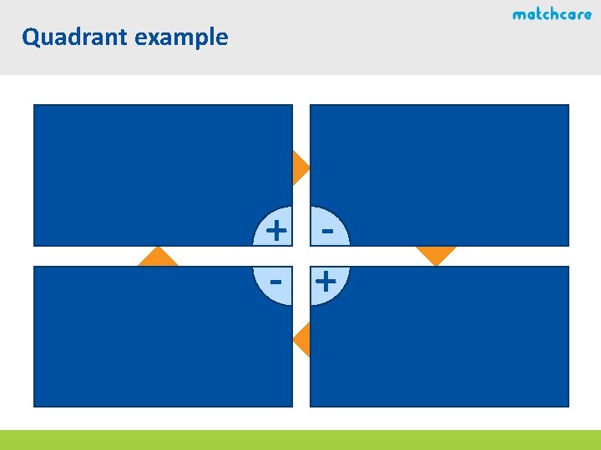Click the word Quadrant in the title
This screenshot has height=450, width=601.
pyautogui.click(x=68, y=37)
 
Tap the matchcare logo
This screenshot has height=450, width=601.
pyautogui.click(x=552, y=14)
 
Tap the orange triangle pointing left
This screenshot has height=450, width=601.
pyautogui.click(x=303, y=340)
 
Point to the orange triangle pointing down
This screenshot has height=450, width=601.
pyautogui.click(x=436, y=253)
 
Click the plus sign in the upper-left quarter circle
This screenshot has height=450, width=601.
pyautogui.click(x=275, y=227)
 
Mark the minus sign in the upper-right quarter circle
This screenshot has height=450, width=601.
pyautogui.click(x=327, y=227)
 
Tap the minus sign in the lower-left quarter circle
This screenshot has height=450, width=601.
pyautogui.click(x=275, y=282)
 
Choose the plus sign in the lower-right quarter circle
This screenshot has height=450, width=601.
pyautogui.click(x=326, y=282)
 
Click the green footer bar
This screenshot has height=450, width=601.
pyautogui.click(x=300, y=439)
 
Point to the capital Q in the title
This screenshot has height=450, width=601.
pyautogui.click(x=32, y=37)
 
